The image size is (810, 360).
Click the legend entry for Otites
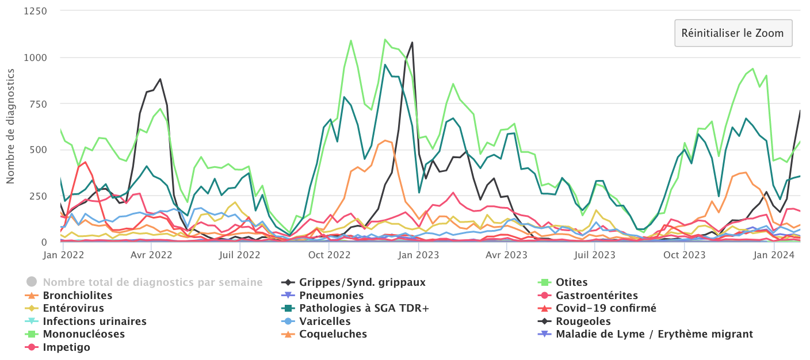point(571,282)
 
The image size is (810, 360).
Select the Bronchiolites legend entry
point(77,296)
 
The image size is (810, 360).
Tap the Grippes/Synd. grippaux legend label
point(362,282)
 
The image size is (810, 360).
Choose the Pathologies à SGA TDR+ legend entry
point(364,308)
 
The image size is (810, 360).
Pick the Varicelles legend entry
point(324,321)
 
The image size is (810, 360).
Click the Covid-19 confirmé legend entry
point(606,308)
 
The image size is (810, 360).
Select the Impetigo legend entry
point(66,347)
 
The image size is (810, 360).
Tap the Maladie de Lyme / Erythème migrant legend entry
point(654,334)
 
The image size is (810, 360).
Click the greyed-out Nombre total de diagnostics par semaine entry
point(152,282)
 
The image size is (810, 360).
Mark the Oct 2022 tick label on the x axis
point(330,254)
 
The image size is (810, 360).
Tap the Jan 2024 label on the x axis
point(773,254)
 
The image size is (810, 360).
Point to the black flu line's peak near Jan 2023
point(412,43)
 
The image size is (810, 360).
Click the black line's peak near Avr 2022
point(160,79)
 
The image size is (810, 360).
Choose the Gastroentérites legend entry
point(597,296)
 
